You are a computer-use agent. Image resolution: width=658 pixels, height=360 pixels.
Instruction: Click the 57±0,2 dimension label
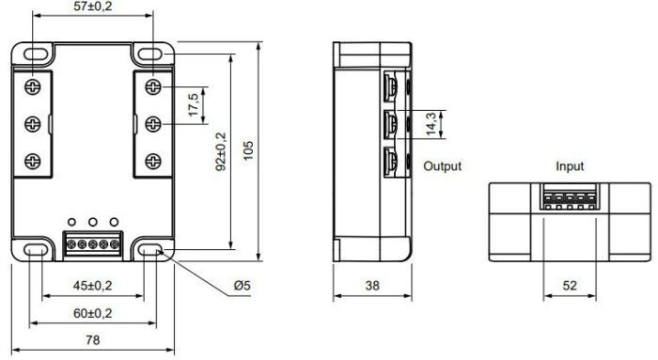click(93, 7)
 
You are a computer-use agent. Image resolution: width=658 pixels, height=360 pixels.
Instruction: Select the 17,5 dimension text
click(193, 105)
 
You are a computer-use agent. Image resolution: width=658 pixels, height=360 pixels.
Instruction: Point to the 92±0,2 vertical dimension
click(221, 152)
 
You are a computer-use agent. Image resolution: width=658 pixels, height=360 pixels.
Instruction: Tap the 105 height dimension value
click(248, 150)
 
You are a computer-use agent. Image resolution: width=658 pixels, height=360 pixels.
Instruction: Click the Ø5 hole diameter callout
click(243, 286)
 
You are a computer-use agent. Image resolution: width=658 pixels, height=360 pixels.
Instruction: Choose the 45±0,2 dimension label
click(93, 286)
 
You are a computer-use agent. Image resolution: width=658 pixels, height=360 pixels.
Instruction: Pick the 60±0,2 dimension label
click(93, 313)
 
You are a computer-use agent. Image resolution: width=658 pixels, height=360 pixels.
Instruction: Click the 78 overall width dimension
click(93, 340)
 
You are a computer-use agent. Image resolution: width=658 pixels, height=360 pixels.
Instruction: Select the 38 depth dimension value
click(372, 286)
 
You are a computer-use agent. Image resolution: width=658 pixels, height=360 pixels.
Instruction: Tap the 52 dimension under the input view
click(570, 286)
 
